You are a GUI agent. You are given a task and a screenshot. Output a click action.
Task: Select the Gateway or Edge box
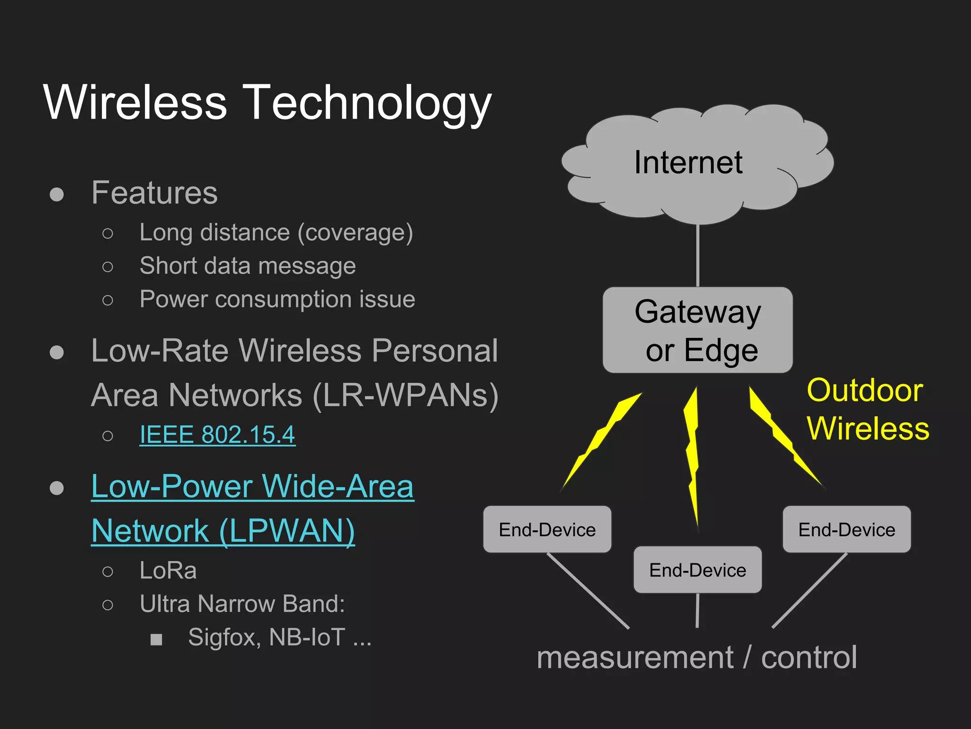click(697, 330)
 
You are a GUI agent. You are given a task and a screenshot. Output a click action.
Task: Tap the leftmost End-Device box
click(547, 529)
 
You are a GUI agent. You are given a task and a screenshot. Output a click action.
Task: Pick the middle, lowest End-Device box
click(697, 570)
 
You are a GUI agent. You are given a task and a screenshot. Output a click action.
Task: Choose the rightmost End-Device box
click(847, 529)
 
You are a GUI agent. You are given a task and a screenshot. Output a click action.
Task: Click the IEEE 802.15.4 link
click(217, 435)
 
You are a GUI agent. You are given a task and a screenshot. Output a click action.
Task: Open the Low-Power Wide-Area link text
click(252, 486)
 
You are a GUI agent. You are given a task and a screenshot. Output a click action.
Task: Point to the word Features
click(154, 193)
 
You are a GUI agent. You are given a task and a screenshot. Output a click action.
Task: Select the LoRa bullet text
click(168, 570)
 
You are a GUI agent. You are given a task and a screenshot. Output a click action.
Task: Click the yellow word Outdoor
click(865, 391)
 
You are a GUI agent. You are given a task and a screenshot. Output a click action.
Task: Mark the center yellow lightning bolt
click(693, 456)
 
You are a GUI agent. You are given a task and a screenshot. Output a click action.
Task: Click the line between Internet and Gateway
click(697, 256)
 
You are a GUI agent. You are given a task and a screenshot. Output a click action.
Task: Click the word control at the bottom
click(809, 658)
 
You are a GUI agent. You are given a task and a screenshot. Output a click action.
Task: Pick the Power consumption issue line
click(277, 299)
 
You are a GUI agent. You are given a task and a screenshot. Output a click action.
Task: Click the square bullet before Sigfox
click(156, 639)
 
